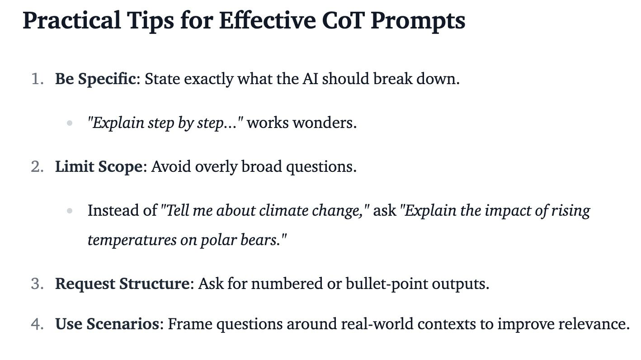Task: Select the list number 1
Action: click(37, 79)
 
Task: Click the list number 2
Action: click(37, 166)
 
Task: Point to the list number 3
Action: click(37, 284)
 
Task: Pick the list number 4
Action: click(37, 324)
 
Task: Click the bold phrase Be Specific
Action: click(95, 79)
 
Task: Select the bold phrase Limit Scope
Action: click(99, 167)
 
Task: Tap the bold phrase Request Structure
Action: click(123, 284)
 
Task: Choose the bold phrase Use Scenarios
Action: click(107, 324)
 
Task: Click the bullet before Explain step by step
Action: click(70, 123)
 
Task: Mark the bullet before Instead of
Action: click(70, 211)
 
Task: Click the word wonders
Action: click(325, 123)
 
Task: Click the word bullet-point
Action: click(386, 284)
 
